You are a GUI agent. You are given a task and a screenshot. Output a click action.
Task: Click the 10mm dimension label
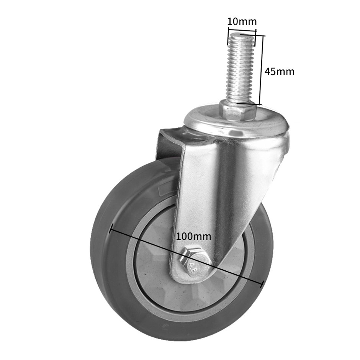click(x=242, y=21)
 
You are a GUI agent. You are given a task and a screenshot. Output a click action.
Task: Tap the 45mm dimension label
click(x=280, y=72)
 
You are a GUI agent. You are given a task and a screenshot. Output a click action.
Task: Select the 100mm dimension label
click(x=193, y=236)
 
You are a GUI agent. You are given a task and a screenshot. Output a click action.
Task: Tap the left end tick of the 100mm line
click(x=111, y=229)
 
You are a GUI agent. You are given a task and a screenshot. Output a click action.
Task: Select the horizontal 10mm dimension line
click(x=242, y=31)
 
